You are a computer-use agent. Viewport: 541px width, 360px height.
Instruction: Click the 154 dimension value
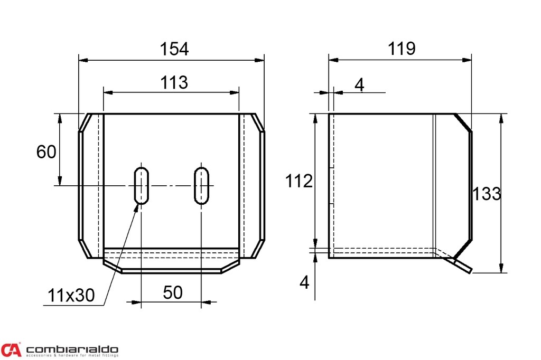pyautogui.click(x=174, y=49)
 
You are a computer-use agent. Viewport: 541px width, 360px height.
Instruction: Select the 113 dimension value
pyautogui.click(x=174, y=82)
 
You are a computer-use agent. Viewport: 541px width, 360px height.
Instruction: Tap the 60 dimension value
pyautogui.click(x=46, y=152)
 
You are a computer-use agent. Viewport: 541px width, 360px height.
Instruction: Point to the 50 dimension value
pyautogui.click(x=173, y=292)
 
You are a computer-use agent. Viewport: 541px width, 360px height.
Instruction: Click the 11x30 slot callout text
pyautogui.click(x=71, y=296)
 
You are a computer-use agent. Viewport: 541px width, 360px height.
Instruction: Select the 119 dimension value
pyautogui.click(x=402, y=49)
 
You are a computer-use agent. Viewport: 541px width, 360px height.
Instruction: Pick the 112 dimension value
pyautogui.click(x=299, y=182)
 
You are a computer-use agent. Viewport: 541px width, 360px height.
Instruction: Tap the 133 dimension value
pyautogui.click(x=487, y=194)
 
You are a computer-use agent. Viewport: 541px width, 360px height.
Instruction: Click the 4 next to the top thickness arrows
pyautogui.click(x=359, y=85)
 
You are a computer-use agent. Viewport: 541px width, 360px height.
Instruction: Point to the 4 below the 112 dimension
pyautogui.click(x=304, y=283)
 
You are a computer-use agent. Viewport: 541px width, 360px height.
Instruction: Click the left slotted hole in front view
pyautogui.click(x=141, y=185)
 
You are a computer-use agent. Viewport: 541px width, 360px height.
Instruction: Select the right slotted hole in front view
pyautogui.click(x=201, y=185)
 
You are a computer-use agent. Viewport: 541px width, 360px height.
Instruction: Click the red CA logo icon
pyautogui.click(x=11, y=350)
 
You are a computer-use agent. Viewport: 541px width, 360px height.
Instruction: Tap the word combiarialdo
pyautogui.click(x=72, y=349)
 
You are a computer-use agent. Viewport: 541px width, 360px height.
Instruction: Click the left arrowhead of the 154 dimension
pyautogui.click(x=82, y=60)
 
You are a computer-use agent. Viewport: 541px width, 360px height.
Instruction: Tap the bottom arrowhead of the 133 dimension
pyautogui.click(x=501, y=269)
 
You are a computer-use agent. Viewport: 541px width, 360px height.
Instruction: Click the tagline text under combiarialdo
pyautogui.click(x=72, y=356)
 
